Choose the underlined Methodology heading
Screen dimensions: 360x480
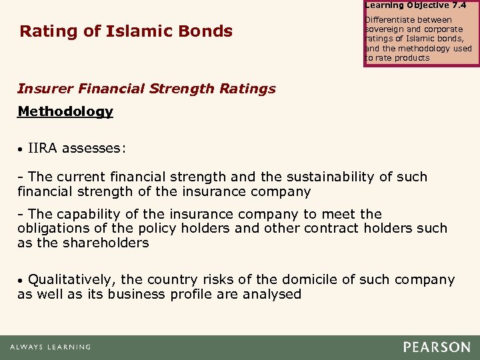click(65, 111)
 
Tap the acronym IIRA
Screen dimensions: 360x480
click(43, 148)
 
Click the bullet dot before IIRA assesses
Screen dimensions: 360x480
click(21, 149)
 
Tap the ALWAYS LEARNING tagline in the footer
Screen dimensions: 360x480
click(50, 347)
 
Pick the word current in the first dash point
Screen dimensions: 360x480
click(82, 177)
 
